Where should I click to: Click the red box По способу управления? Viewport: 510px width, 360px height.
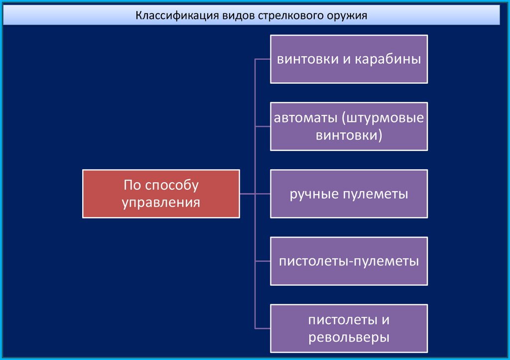pos(161,194)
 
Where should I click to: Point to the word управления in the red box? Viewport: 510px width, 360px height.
pos(161,203)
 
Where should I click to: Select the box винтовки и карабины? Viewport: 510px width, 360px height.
pos(349,59)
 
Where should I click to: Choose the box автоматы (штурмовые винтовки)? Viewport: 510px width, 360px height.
pos(349,126)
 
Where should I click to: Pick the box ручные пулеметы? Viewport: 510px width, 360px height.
pos(349,194)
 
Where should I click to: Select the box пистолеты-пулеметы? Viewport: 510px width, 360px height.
pos(349,261)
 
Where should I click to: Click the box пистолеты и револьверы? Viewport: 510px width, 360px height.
pos(349,329)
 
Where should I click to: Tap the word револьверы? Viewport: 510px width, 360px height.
pos(349,338)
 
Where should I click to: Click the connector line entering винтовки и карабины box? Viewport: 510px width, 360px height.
pos(262,59)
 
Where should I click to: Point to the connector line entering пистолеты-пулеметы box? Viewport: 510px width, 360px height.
pos(262,261)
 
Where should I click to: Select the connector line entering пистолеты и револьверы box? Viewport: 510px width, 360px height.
pos(262,328)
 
